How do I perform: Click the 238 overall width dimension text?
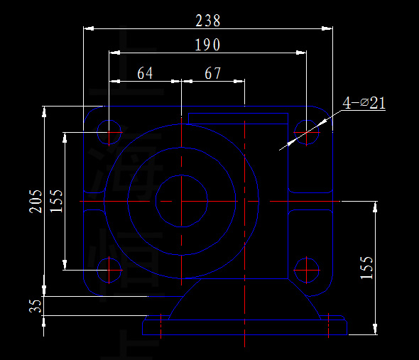coord(207,20)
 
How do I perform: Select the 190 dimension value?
coord(207,45)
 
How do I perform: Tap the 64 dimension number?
coord(145,73)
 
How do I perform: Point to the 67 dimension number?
coord(212,73)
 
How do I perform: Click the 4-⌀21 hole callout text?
coord(364,103)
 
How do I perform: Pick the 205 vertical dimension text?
coord(35,201)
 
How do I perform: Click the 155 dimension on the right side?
coord(366,268)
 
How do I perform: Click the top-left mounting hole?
coord(109,132)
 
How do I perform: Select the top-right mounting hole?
coord(307,132)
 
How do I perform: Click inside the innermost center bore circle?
coord(182,201)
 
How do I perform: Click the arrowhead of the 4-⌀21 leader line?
coord(282,148)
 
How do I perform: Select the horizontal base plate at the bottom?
coord(245,328)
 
